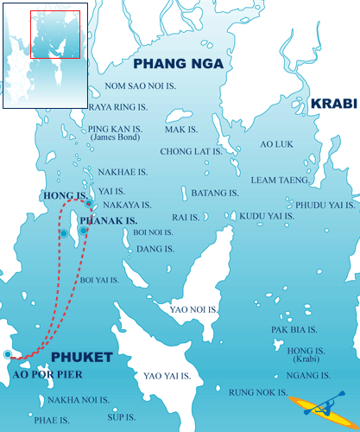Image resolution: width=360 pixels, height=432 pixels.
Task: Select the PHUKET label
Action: (x=81, y=357)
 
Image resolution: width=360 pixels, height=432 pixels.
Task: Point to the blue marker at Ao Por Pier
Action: (x=8, y=354)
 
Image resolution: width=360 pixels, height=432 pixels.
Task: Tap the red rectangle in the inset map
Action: (x=54, y=35)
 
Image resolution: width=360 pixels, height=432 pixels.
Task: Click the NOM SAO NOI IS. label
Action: (x=137, y=86)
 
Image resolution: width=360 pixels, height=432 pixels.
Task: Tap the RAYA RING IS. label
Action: (x=117, y=108)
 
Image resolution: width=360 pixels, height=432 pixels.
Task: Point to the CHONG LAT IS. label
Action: (x=191, y=150)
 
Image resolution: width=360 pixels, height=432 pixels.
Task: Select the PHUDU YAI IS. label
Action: (x=325, y=205)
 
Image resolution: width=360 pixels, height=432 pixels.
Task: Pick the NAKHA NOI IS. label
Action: (x=79, y=400)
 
